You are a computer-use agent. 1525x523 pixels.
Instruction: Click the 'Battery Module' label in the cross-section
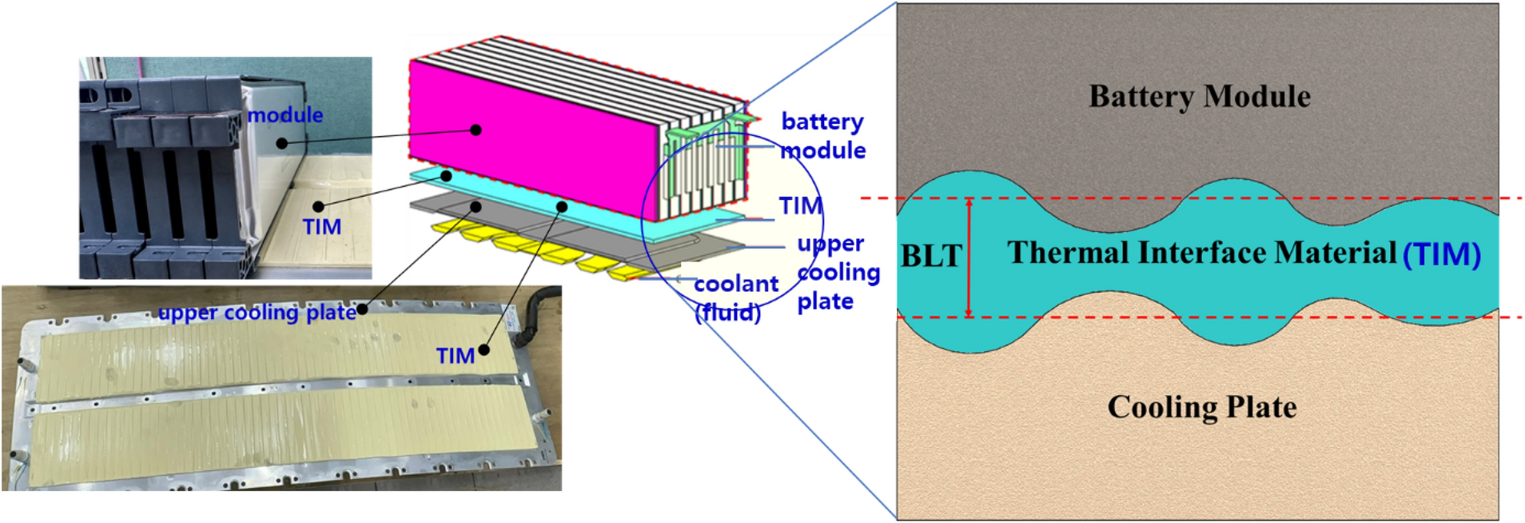tap(1199, 97)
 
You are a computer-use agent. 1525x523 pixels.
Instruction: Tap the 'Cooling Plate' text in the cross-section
tap(1201, 407)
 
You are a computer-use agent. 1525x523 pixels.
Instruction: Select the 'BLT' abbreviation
tap(931, 257)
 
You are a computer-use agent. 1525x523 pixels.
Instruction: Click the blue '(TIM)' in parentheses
tap(1442, 255)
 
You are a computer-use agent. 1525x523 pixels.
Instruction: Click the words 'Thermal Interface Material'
tap(1201, 253)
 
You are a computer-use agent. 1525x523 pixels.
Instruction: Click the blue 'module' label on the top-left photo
tap(285, 115)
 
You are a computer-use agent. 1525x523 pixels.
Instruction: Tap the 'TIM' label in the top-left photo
tap(322, 227)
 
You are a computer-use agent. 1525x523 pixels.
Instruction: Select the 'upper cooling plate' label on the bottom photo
tap(257, 313)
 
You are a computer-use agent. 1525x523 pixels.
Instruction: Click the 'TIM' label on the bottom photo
tap(455, 356)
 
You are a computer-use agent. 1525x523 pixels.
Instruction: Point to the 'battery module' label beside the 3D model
tap(823, 136)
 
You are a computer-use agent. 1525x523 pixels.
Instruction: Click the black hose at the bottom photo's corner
tap(537, 308)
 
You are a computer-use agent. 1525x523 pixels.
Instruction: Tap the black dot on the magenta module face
tap(476, 130)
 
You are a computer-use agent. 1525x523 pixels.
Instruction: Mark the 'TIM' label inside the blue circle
tap(800, 206)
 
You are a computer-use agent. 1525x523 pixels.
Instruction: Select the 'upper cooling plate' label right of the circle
tap(838, 273)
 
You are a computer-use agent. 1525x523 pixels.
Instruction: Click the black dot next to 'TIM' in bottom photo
tap(484, 349)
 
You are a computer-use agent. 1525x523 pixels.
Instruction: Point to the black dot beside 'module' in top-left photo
tap(281, 143)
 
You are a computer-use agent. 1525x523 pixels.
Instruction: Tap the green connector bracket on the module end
tap(703, 128)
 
